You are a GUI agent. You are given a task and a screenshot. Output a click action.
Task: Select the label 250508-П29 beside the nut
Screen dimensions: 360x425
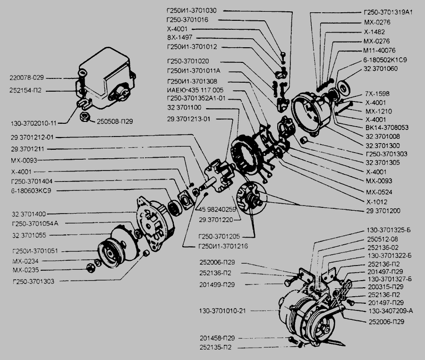pyautogui.click(x=114, y=121)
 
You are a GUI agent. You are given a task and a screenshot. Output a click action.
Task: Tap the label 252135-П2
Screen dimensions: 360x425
pyautogui.click(x=219, y=347)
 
